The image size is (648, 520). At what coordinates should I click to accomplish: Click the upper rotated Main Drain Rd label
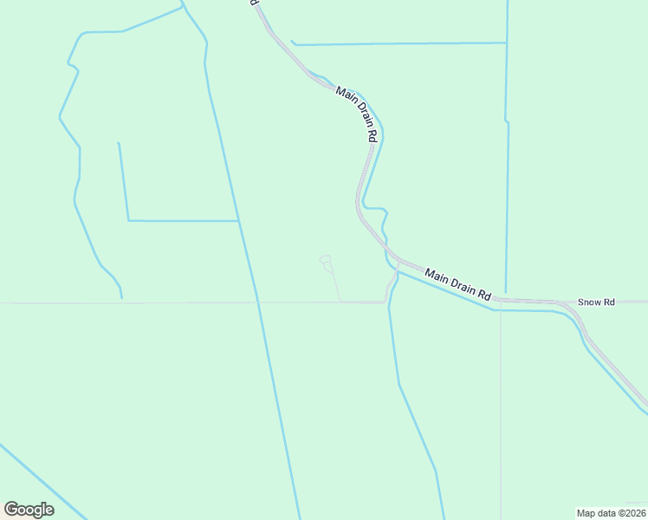(358, 114)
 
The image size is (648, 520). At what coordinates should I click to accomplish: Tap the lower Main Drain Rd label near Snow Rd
(458, 285)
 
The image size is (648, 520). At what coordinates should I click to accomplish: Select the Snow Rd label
(596, 302)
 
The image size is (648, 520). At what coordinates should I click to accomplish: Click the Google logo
(29, 510)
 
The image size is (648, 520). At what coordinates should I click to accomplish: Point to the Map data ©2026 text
(612, 512)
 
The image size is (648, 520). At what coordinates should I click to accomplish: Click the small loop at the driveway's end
(326, 261)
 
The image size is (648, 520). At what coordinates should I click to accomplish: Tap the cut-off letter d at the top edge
(255, 3)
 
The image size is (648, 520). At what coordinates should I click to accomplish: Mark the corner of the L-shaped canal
(129, 220)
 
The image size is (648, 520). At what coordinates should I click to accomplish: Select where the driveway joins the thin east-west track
(340, 302)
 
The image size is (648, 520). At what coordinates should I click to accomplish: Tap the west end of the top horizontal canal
(293, 42)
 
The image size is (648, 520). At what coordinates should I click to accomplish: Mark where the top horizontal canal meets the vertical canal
(506, 42)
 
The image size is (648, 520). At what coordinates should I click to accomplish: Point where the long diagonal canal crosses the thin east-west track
(257, 302)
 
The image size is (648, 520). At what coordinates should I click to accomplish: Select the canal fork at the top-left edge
(184, 9)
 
